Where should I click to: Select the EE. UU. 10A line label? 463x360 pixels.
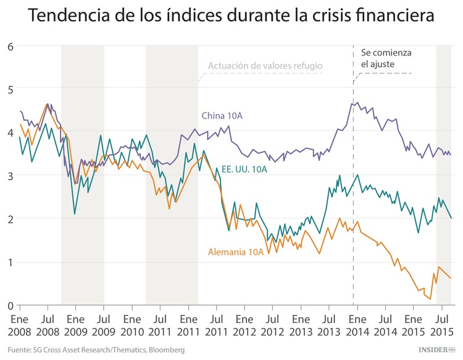(244, 169)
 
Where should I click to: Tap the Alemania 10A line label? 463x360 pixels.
(236, 251)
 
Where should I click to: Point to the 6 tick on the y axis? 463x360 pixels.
(10, 46)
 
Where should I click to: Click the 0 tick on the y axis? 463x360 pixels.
(10, 305)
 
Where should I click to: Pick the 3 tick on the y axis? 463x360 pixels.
(10, 175)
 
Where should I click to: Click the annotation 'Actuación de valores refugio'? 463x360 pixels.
(265, 65)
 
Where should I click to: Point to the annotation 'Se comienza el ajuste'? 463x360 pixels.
(386, 59)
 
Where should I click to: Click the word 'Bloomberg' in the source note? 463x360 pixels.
(164, 350)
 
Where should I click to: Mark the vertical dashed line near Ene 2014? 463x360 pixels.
(353, 185)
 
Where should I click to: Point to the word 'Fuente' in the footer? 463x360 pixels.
(20, 350)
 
